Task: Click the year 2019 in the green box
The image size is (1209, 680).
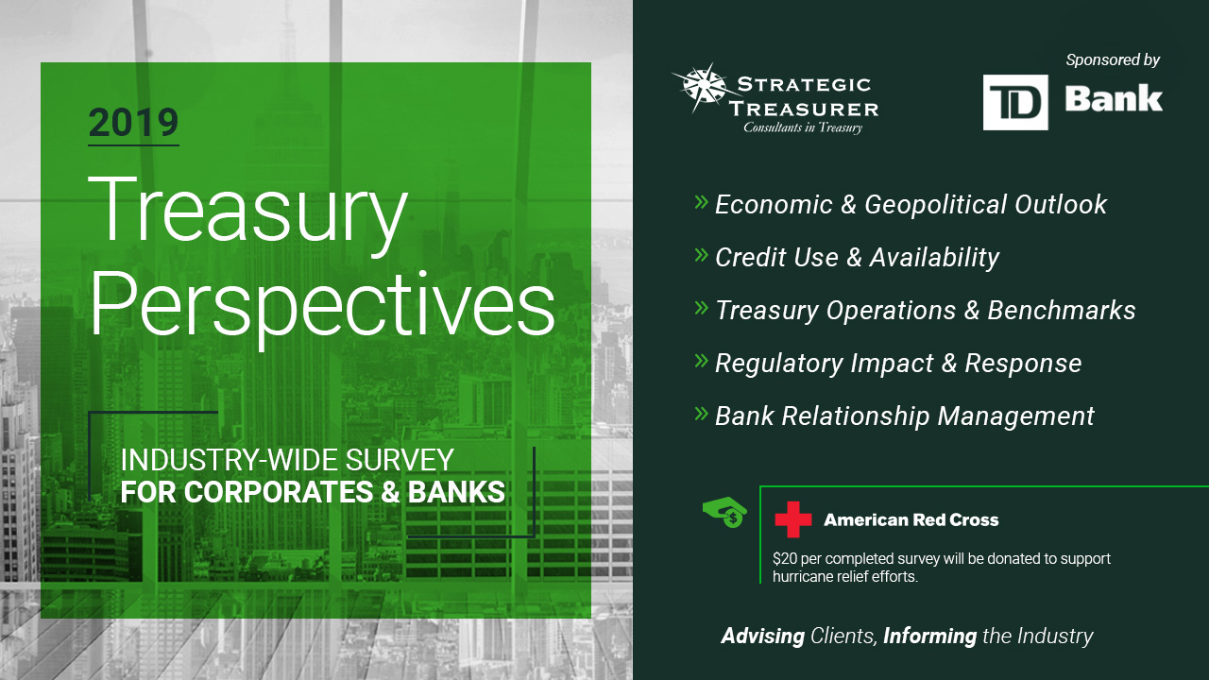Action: [x=133, y=123]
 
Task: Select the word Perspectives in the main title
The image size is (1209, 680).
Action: [x=323, y=308]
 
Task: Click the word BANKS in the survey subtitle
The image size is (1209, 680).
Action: [x=456, y=492]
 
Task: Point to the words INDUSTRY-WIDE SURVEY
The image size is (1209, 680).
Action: [x=286, y=460]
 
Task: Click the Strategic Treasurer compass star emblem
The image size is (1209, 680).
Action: [x=701, y=88]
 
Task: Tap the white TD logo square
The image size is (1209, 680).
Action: [x=1015, y=102]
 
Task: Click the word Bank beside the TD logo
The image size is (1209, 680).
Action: [x=1114, y=99]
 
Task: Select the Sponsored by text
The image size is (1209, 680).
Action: [x=1113, y=59]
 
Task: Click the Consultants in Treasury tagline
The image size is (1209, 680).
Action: [x=803, y=127]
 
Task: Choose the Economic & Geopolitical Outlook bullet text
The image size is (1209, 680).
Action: [x=911, y=205]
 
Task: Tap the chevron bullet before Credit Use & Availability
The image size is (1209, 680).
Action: [x=701, y=254]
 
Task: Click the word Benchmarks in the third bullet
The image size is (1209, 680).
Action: [x=1061, y=311]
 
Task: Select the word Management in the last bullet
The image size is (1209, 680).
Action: [x=1015, y=416]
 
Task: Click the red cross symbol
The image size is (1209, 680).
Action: [x=792, y=519]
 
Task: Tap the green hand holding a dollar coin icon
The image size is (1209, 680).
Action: [x=724, y=512]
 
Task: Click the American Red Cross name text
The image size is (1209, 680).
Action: [x=911, y=519]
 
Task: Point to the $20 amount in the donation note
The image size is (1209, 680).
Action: [x=785, y=558]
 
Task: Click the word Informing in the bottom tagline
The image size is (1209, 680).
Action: [x=929, y=637]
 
